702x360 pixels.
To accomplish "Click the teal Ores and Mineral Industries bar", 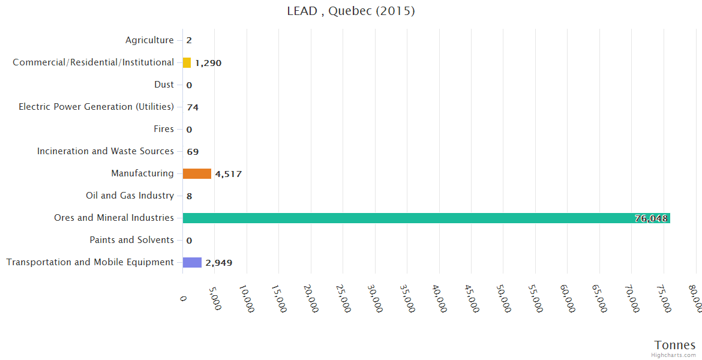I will pos(426,218).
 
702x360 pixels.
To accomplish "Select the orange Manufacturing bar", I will pos(197,174).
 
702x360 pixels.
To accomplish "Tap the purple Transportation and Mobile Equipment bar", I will pos(192,262).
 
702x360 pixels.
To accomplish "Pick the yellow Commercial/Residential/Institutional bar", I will pos(187,62).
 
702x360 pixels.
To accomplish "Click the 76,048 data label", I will pos(651,219).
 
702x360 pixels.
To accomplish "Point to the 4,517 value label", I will pos(228,175).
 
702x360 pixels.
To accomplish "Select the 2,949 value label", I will pos(219,263).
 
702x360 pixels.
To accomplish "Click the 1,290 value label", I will pos(208,63).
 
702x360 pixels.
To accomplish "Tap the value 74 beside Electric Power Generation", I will pos(193,107).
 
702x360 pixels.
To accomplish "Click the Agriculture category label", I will pos(149,40).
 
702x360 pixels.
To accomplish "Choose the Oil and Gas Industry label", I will pos(130,196).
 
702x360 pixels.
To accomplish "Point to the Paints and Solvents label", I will pos(132,240).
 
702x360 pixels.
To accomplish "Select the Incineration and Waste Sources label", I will pos(106,151).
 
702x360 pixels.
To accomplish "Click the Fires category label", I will pos(164,129).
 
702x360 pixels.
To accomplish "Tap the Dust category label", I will pos(164,85).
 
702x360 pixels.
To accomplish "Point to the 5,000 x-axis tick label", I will pos(214,296).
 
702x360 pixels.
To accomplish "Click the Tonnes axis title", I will pos(675,345).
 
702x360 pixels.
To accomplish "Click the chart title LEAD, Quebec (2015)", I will pos(351,11).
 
